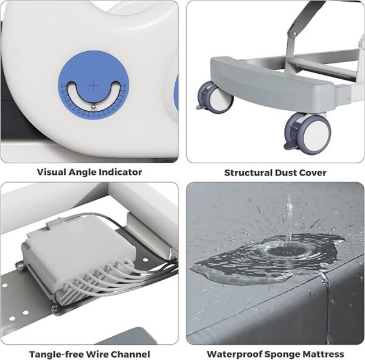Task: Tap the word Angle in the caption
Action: pos(82,173)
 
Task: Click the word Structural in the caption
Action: pos(248,173)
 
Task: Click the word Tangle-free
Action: pos(57,354)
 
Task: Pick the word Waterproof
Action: pos(235,354)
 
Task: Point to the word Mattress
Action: pos(322,354)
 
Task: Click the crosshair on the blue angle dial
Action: pos(94,86)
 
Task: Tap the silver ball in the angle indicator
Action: pos(93,107)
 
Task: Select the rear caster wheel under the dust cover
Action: pos(214,97)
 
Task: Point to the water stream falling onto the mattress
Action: pos(289,219)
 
